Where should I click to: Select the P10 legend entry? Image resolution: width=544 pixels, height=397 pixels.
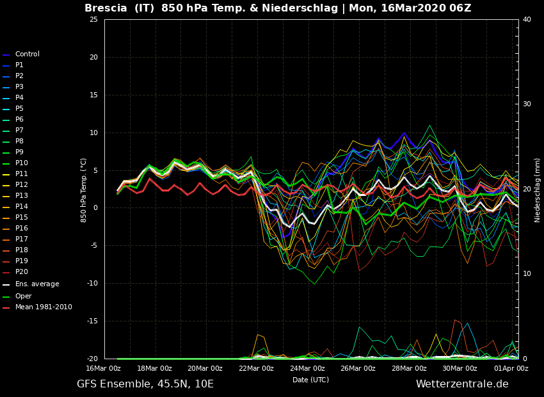point(22,163)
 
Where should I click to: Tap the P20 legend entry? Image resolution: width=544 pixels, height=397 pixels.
point(22,272)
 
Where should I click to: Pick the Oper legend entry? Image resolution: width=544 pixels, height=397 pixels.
point(23,296)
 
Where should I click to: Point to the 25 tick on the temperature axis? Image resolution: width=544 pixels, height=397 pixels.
point(93,20)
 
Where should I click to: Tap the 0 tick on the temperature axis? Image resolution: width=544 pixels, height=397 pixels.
point(95,208)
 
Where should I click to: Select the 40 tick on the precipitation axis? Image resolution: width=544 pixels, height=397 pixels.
point(527,20)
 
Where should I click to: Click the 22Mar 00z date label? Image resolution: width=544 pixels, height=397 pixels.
point(256,368)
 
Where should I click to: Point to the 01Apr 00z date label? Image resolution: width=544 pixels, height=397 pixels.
point(510,368)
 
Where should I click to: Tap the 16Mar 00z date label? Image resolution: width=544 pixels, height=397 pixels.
point(104,368)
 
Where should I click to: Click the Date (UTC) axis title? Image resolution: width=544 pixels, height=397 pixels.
point(310,380)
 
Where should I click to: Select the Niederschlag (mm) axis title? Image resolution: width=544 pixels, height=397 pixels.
point(538,190)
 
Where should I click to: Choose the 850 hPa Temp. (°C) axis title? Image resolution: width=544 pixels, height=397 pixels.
point(84,190)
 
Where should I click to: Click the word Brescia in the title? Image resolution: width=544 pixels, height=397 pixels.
point(106,8)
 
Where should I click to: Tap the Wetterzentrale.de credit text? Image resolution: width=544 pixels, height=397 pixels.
point(461,384)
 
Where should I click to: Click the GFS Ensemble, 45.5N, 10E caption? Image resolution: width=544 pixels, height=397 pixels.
point(145,384)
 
